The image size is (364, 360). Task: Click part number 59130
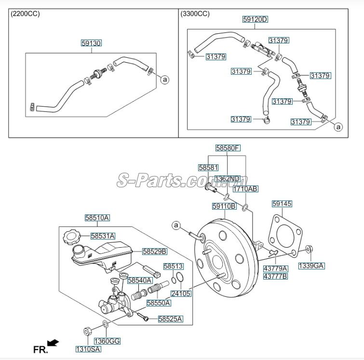pyautogui.click(x=91, y=43)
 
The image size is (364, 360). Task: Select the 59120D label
pyautogui.click(x=255, y=20)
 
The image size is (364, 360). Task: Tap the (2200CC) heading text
pyautogui.click(x=25, y=13)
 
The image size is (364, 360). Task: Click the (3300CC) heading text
pyautogui.click(x=195, y=13)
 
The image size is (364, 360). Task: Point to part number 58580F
pyautogui.click(x=227, y=148)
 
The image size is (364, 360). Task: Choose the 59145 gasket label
pyautogui.click(x=282, y=204)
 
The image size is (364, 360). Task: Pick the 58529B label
pyautogui.click(x=154, y=251)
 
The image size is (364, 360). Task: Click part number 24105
pyautogui.click(x=181, y=293)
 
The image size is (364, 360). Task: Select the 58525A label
pyautogui.click(x=170, y=319)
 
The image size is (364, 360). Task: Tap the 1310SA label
pyautogui.click(x=87, y=349)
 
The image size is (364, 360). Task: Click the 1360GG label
pyautogui.click(x=107, y=341)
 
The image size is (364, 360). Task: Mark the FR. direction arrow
pyautogui.click(x=53, y=343)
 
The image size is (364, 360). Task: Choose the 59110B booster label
pyautogui.click(x=224, y=206)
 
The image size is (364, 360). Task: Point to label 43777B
pyautogui.click(x=275, y=276)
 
